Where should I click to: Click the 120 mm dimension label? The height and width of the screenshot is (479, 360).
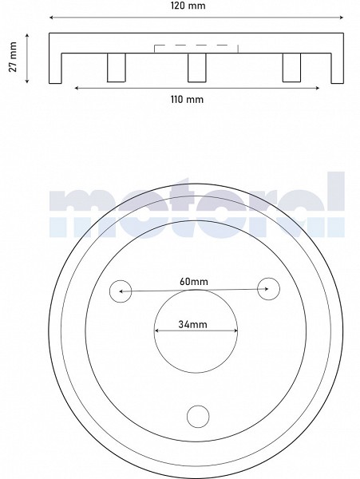[188, 6]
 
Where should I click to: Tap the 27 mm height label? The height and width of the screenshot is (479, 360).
[13, 57]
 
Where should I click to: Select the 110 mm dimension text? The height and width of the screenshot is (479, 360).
[187, 99]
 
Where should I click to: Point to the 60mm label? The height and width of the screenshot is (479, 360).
[194, 281]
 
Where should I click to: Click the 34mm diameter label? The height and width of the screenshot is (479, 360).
[192, 324]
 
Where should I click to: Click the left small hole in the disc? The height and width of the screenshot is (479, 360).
[121, 291]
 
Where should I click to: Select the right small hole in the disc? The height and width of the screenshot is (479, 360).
[268, 289]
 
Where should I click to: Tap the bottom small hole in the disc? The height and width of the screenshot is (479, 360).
[198, 417]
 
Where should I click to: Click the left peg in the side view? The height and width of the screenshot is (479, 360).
[117, 68]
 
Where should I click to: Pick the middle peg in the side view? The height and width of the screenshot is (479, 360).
[197, 68]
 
